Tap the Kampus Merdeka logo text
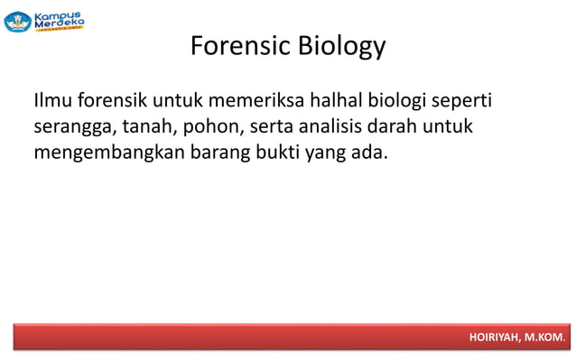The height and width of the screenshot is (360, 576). click(59, 20)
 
